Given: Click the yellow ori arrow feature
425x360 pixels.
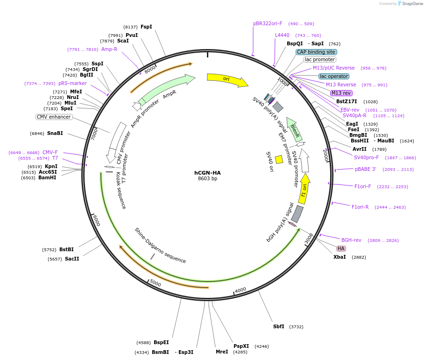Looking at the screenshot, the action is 227,79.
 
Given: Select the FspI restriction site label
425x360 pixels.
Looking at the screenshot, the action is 146,27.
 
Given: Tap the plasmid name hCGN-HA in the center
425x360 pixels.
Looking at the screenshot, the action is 207,173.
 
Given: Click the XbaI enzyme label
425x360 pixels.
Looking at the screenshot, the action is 340,257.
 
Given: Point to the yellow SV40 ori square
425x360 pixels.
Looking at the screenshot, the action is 279,159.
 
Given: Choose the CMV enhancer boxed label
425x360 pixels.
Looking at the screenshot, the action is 54,117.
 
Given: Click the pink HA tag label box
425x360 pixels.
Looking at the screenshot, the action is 341,248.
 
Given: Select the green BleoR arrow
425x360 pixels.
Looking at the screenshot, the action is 294,129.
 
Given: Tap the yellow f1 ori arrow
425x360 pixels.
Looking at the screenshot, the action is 304,189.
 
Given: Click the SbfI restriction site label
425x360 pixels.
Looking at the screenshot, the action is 278,327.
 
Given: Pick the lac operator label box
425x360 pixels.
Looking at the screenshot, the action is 333,76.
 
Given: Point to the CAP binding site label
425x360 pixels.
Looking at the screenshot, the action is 316,52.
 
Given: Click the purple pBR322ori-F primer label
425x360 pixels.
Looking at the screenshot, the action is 268,23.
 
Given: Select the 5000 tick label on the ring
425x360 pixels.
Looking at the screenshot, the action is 156,283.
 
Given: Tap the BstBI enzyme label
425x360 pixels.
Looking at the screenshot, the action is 66,250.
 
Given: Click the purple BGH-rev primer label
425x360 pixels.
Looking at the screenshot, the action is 351,240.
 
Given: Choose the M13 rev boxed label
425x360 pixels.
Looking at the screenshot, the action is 341,93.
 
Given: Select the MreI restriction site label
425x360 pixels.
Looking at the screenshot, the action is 222,352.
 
